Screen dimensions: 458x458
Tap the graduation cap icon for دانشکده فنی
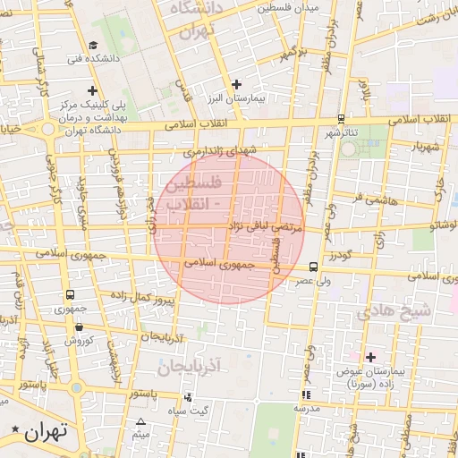click(94, 46)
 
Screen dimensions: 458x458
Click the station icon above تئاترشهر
click(341, 118)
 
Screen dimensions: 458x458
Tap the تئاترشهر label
click(341, 132)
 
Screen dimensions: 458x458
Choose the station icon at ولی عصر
click(312, 266)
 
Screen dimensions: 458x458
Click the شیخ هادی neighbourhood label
click(393, 312)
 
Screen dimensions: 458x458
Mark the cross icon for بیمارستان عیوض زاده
click(370, 357)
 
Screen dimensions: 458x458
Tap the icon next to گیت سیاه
click(187, 396)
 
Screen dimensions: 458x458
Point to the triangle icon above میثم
click(140, 422)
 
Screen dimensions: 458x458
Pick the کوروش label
click(78, 340)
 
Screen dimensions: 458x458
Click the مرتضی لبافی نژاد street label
click(266, 228)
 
